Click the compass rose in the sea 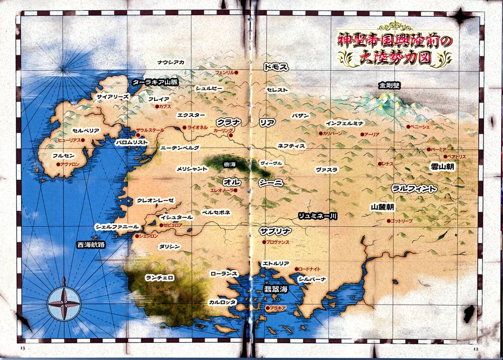coord(64,304)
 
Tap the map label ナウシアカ coord(170,62)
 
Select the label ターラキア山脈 coord(155,82)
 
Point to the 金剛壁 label coord(389,85)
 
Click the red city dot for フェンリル coord(236,73)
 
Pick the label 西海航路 coord(91,245)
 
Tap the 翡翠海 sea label coord(276,289)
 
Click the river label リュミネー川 coord(318,216)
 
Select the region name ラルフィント coord(414,189)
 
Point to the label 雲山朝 coord(442,166)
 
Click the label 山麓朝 coord(383,206)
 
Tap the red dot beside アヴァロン coord(58,164)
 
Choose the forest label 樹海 coord(230,164)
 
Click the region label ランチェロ coord(160,278)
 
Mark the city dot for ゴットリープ coord(388,221)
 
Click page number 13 coord(22,348)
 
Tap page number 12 coord(476,348)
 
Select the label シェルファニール coord(117,227)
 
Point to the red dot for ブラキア coord(267,308)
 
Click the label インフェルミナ coord(344,123)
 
